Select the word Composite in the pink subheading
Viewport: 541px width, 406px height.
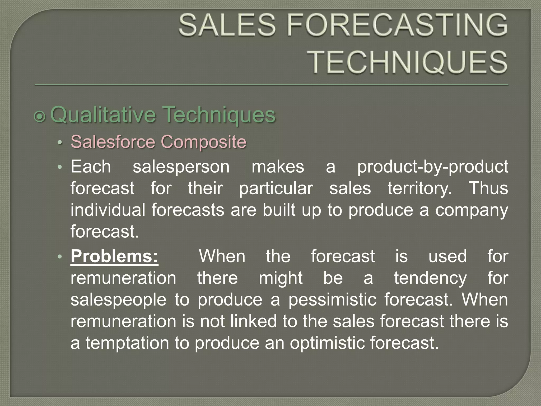pos(203,142)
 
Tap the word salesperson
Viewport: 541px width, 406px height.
pos(181,167)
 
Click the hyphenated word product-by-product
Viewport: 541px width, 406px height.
pos(433,167)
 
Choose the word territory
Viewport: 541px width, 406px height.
pos(420,188)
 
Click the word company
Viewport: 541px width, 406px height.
pos(472,210)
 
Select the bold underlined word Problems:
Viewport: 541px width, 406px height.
pos(114,256)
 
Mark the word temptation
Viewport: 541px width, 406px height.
pos(127,343)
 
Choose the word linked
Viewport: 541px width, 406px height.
pos(254,321)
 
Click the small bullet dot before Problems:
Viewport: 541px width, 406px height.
pos(60,257)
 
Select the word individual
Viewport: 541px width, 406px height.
pos(108,210)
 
